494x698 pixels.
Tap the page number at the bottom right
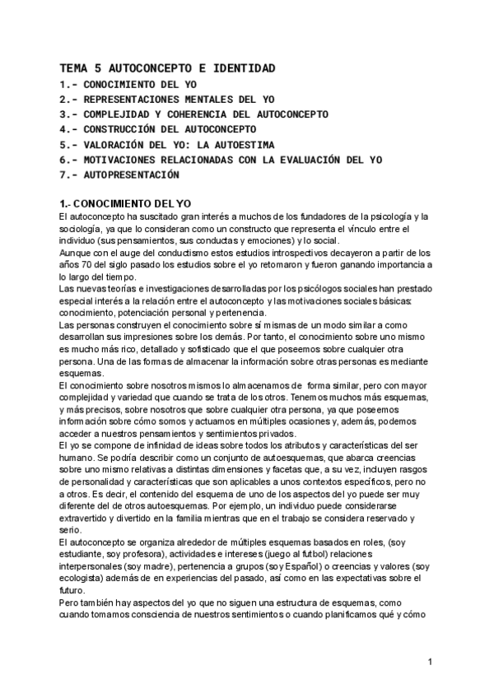click(x=430, y=661)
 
